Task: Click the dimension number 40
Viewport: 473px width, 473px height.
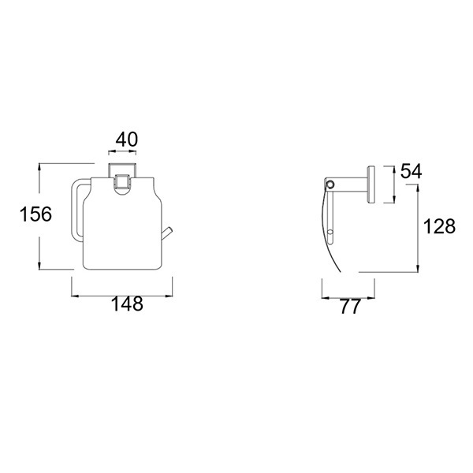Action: tap(127, 140)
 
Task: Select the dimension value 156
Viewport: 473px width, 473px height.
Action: tap(35, 214)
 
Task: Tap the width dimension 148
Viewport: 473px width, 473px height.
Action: tap(127, 304)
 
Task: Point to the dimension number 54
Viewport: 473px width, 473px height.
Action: tap(411, 171)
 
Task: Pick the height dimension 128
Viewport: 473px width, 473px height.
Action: tap(439, 226)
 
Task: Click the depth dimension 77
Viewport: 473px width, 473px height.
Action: tap(350, 307)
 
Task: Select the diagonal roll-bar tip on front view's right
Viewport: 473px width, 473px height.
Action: tap(167, 233)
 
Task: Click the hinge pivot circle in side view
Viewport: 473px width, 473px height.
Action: tap(331, 184)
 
